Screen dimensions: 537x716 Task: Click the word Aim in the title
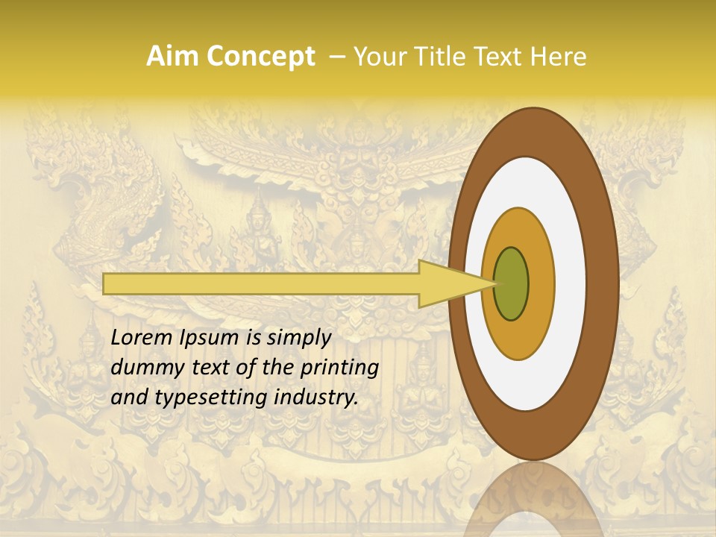point(172,57)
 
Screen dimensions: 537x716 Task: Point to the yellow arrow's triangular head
point(447,283)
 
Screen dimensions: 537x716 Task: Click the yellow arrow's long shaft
point(261,283)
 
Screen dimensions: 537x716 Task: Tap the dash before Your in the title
point(337,57)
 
